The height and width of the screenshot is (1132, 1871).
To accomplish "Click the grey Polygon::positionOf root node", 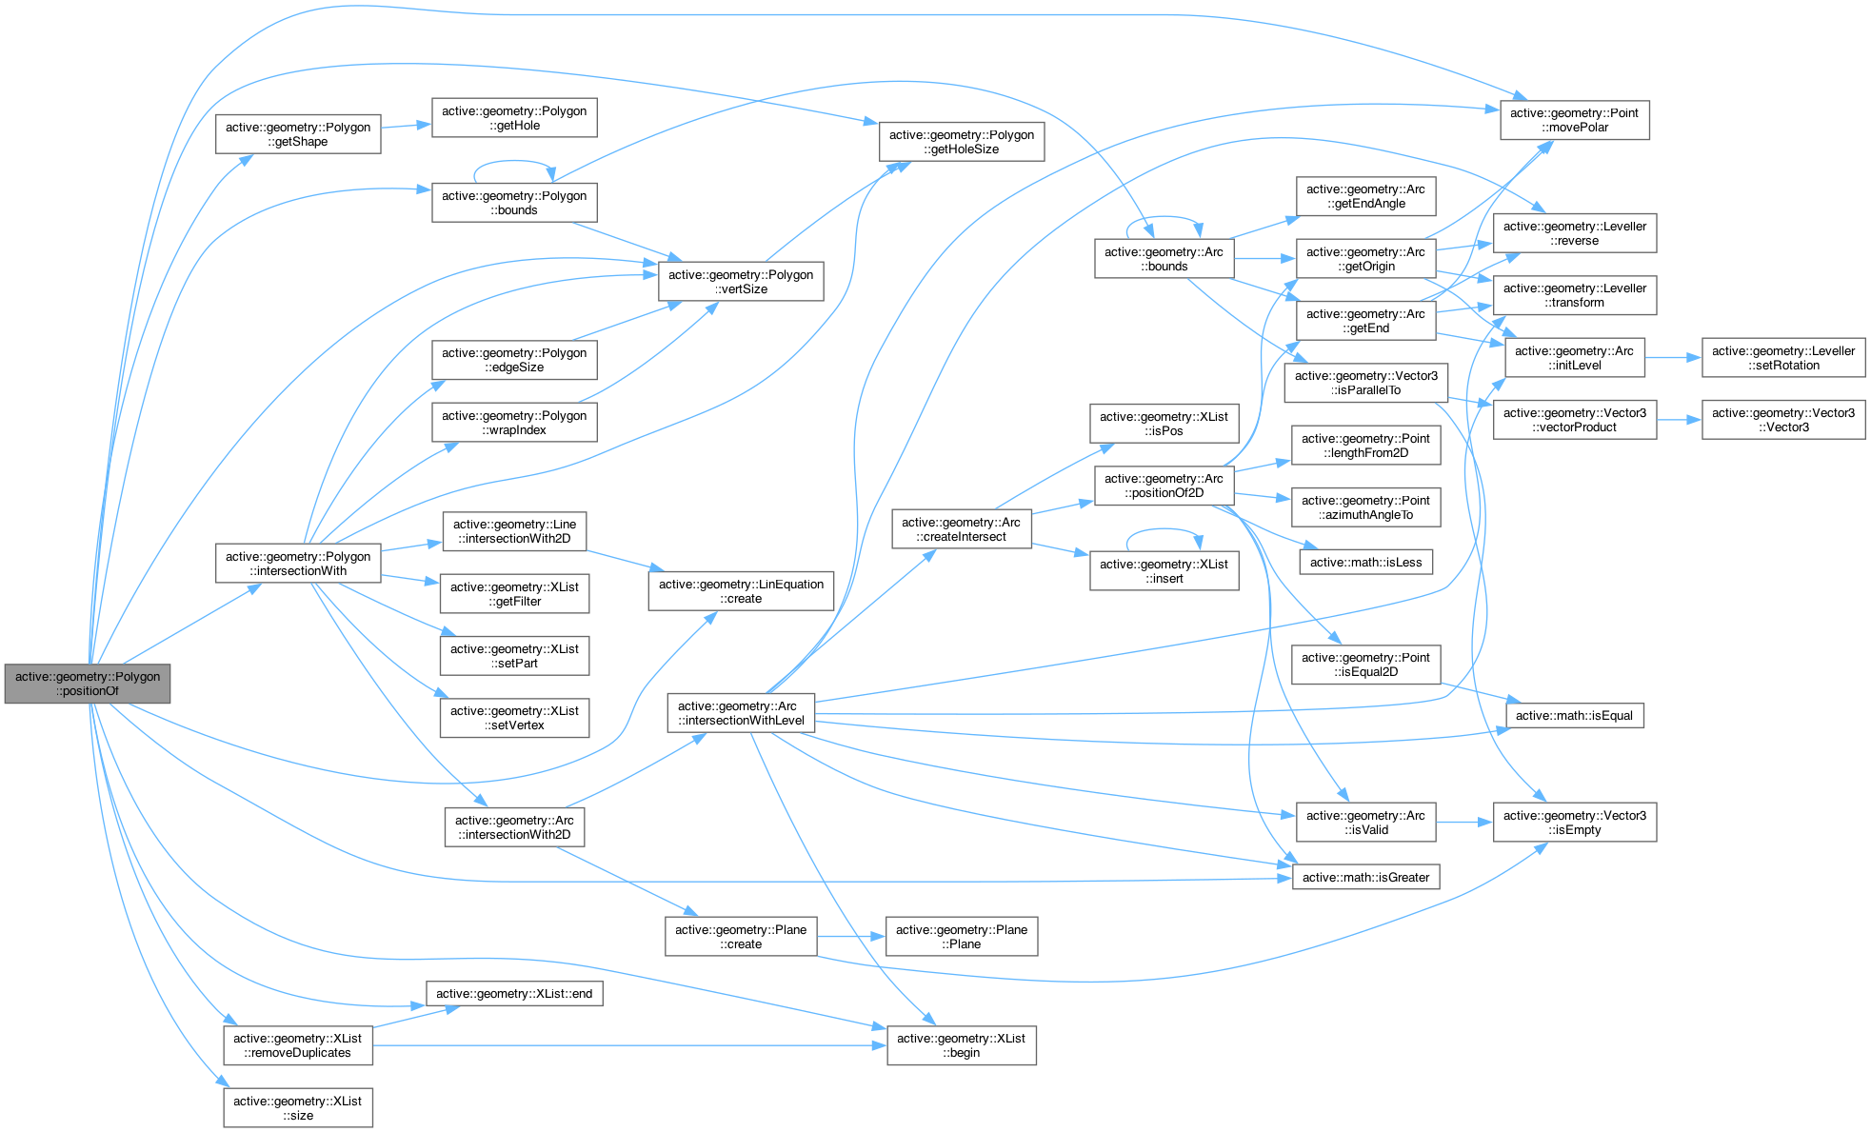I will tap(88, 684).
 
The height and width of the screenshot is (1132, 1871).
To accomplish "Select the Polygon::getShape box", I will tap(298, 134).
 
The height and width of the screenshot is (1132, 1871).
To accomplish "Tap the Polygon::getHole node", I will tap(514, 118).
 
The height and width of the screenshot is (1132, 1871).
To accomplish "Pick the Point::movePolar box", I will tap(1574, 120).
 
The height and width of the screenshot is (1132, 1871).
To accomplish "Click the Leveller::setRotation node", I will tap(1782, 358).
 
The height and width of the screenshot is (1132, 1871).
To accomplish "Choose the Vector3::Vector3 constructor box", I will tap(1782, 420).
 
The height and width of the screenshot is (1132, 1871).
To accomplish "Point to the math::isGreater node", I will tap(1364, 877).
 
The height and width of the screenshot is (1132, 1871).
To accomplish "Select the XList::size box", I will tap(298, 1108).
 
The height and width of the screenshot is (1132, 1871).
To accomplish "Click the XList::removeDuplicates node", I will tap(298, 1045).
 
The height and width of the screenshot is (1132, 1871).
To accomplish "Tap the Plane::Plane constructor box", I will tap(961, 937).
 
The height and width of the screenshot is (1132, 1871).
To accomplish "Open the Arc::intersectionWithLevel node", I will tap(741, 713).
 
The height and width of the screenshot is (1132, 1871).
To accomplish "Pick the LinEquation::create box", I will tap(741, 591).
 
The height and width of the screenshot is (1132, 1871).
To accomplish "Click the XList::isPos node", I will tap(1164, 424).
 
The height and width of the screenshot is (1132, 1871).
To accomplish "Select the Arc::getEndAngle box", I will tap(1364, 196).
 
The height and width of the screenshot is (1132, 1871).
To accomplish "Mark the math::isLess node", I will tap(1364, 562).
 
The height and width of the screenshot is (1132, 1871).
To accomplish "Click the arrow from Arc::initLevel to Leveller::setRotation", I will tap(1673, 358).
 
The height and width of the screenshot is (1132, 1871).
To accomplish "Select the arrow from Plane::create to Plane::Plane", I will tap(851, 937).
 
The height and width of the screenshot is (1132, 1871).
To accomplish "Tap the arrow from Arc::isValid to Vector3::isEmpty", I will tap(1463, 822).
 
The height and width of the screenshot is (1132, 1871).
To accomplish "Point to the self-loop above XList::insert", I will tap(1164, 531).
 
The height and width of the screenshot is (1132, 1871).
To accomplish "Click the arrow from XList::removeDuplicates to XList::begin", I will tap(628, 1045).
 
